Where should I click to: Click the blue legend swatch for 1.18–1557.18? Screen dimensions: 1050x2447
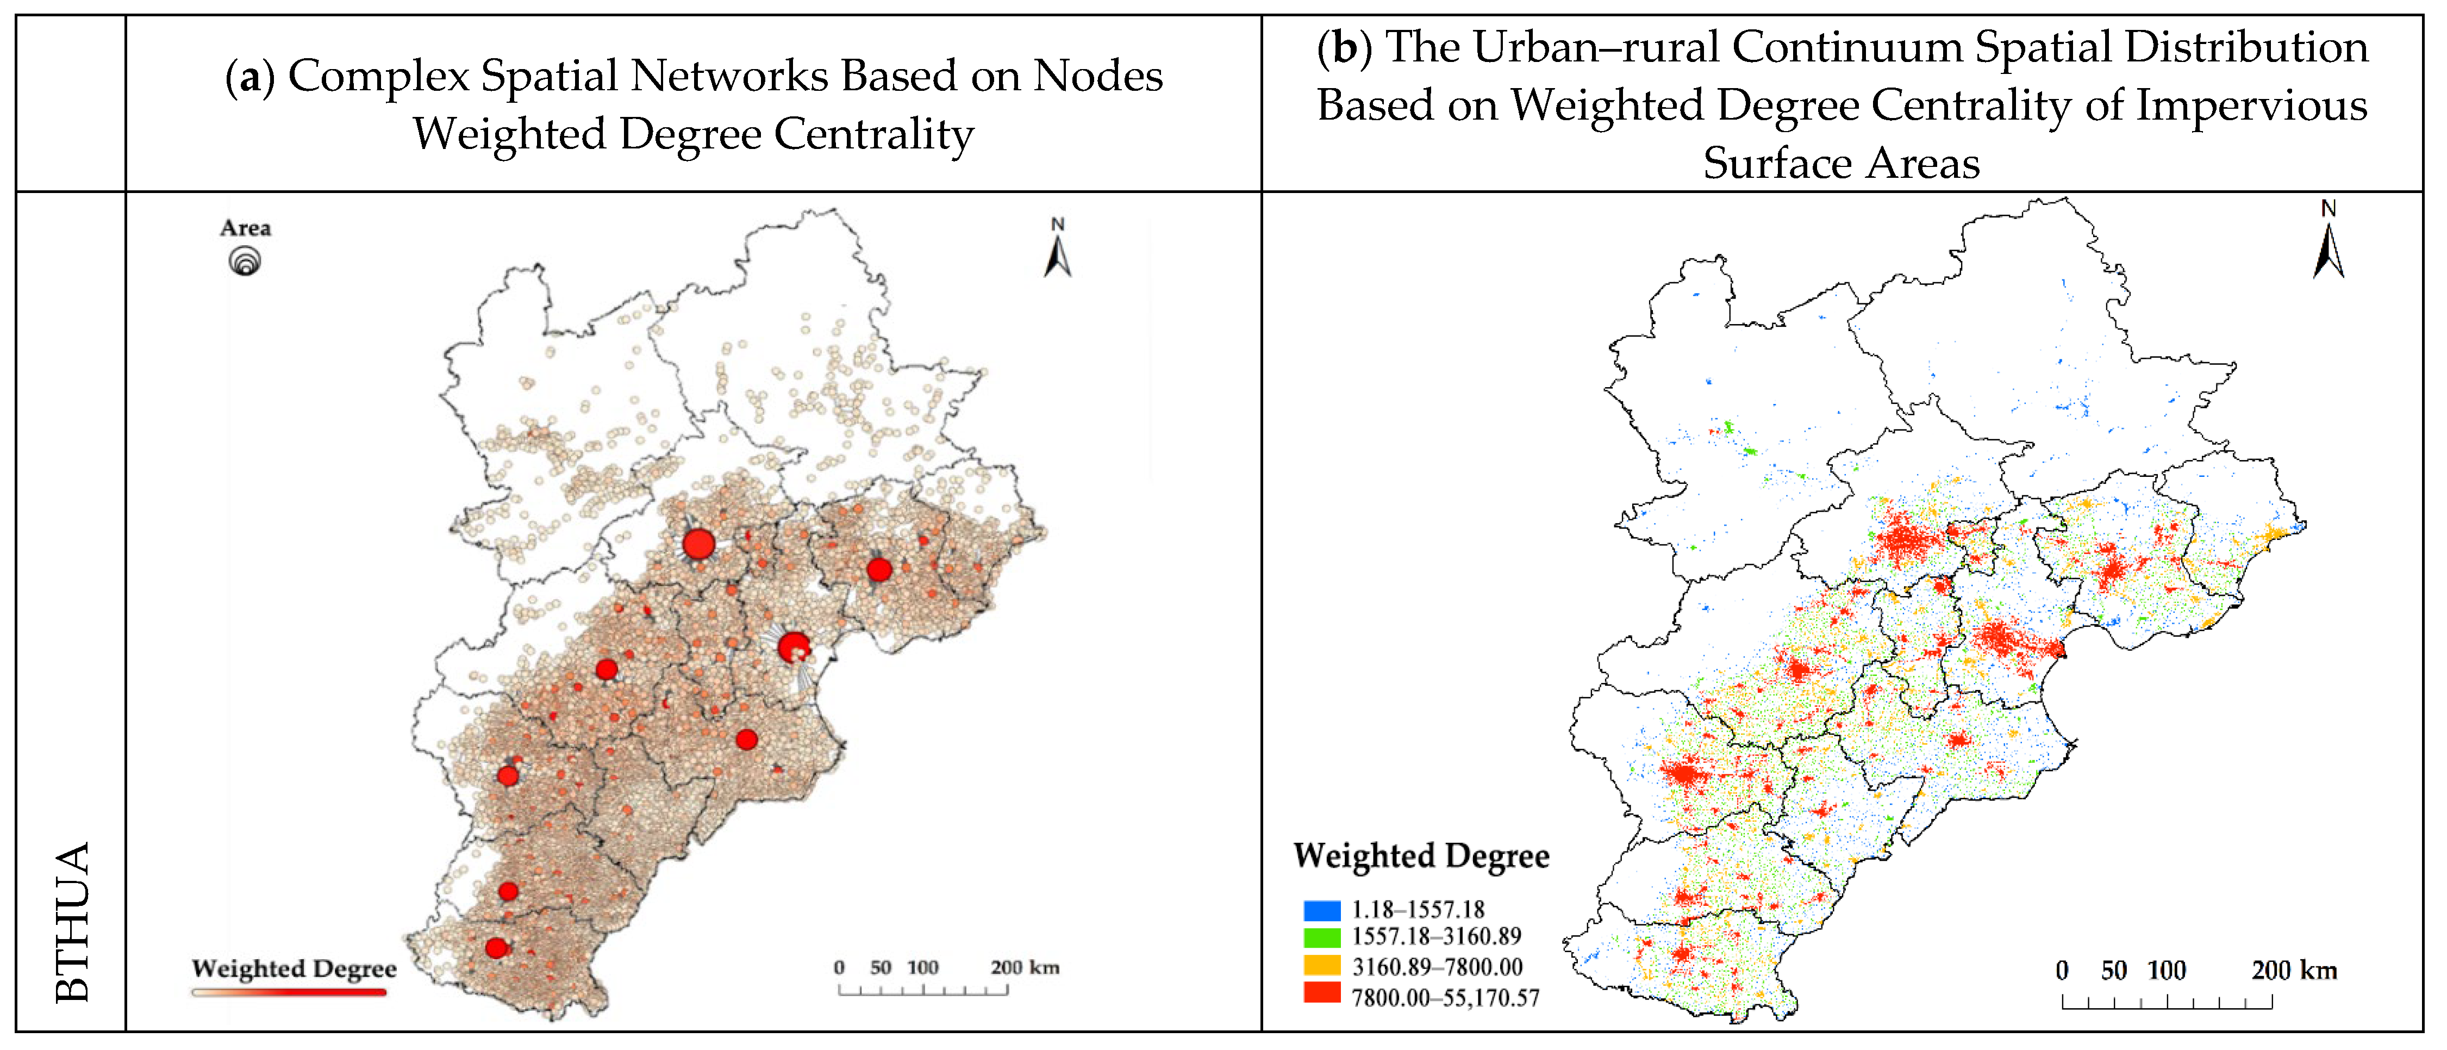[x=1321, y=910]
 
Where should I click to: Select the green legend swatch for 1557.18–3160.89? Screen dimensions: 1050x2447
[x=1321, y=937]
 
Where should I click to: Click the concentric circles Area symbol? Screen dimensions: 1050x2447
[x=245, y=260]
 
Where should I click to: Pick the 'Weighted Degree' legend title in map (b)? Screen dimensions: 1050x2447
[x=1421, y=855]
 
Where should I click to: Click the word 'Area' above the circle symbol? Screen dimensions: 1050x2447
[x=245, y=228]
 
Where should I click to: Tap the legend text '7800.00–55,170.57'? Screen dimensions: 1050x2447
[x=1445, y=998]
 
